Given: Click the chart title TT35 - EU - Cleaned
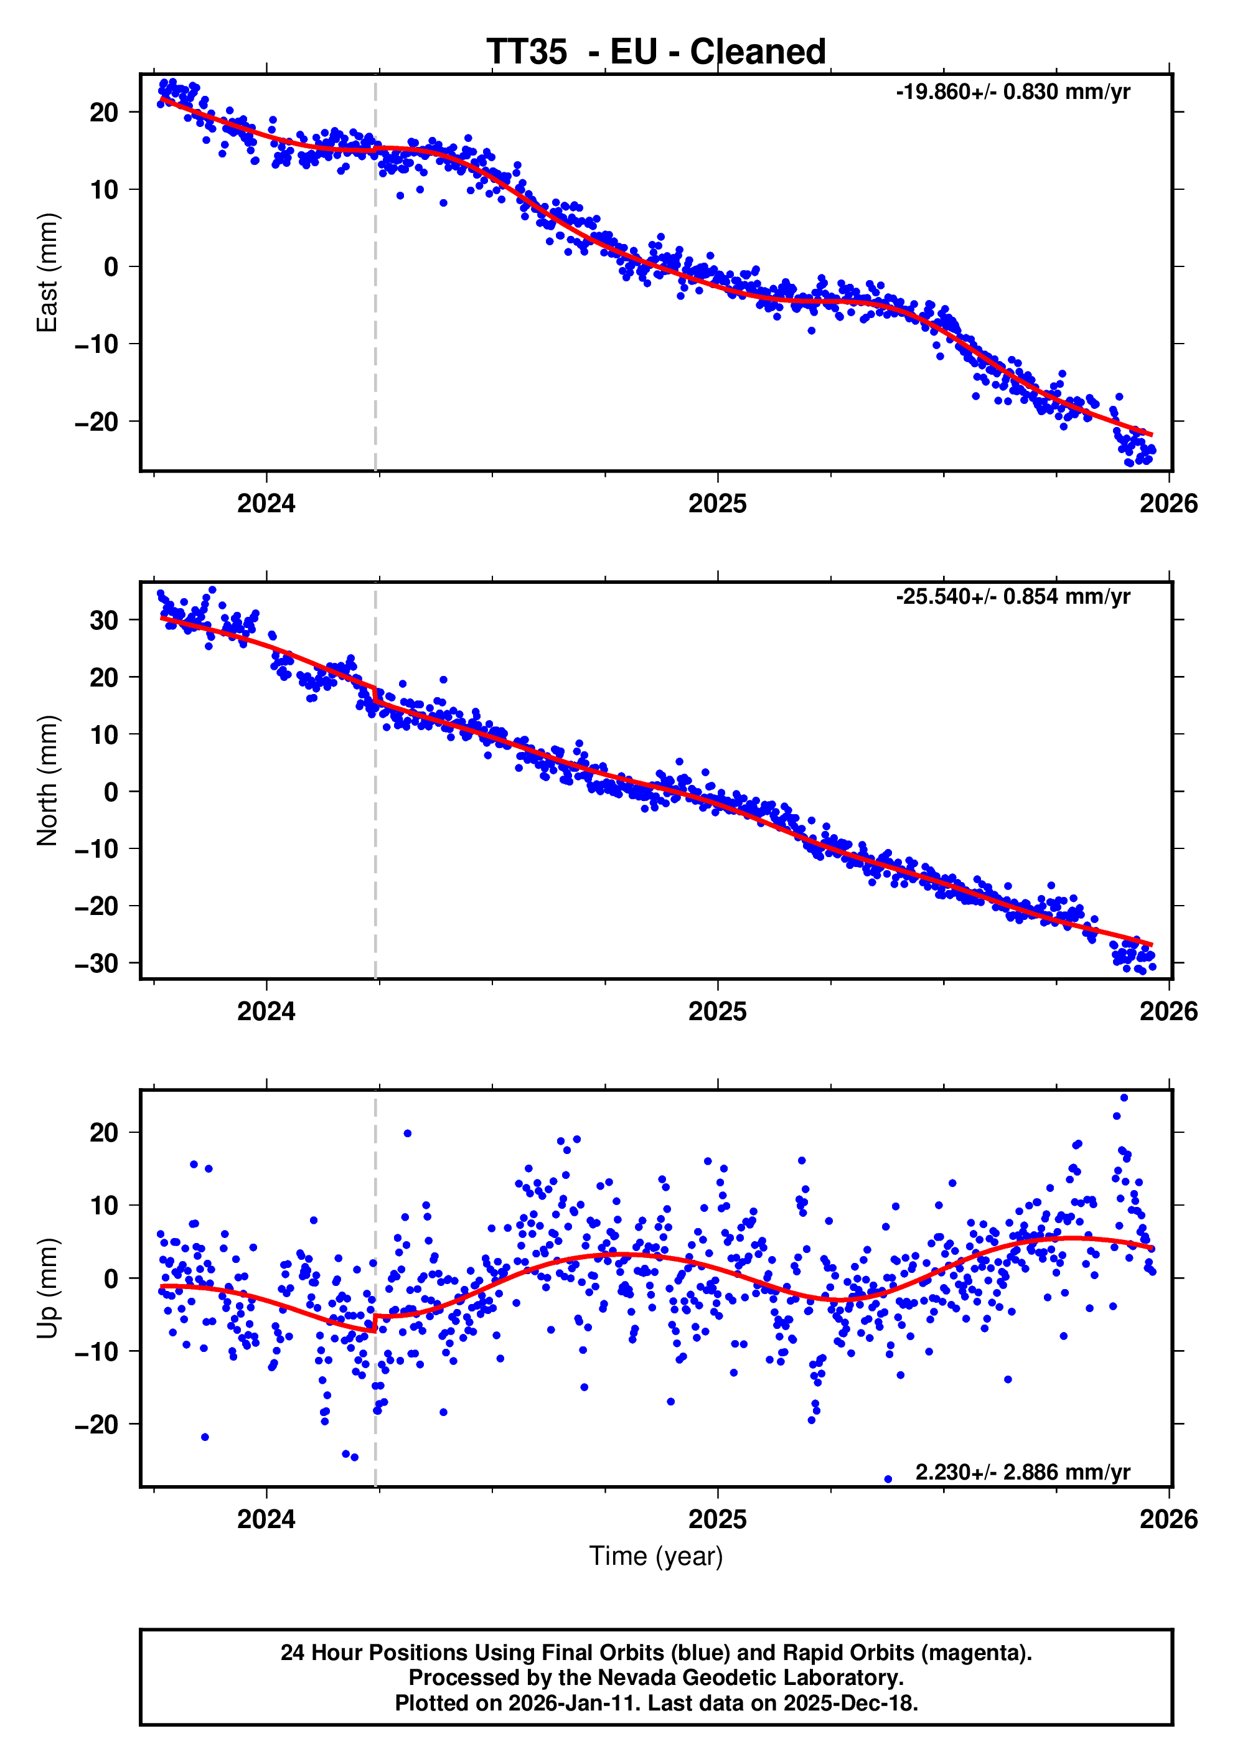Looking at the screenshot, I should click(x=655, y=52).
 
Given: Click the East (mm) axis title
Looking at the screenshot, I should click(x=48, y=273).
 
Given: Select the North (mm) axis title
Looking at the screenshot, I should click(x=48, y=780).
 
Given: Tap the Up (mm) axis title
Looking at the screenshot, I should click(x=48, y=1288).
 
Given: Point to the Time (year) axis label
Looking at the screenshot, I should click(x=655, y=1555).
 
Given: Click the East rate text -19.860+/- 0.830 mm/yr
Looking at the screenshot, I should click(x=1012, y=92).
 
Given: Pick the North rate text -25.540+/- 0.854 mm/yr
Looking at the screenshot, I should click(x=1012, y=597).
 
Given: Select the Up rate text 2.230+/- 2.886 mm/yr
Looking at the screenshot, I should click(x=1022, y=1472).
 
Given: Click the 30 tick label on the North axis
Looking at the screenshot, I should click(x=104, y=620).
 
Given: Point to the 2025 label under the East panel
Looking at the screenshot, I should click(x=717, y=504).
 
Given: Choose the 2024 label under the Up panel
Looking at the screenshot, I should click(x=266, y=1519).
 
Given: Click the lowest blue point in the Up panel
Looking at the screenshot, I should click(x=888, y=1479).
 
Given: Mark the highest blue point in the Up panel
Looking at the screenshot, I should click(x=1124, y=1098).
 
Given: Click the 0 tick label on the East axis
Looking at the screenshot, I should click(x=111, y=266).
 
